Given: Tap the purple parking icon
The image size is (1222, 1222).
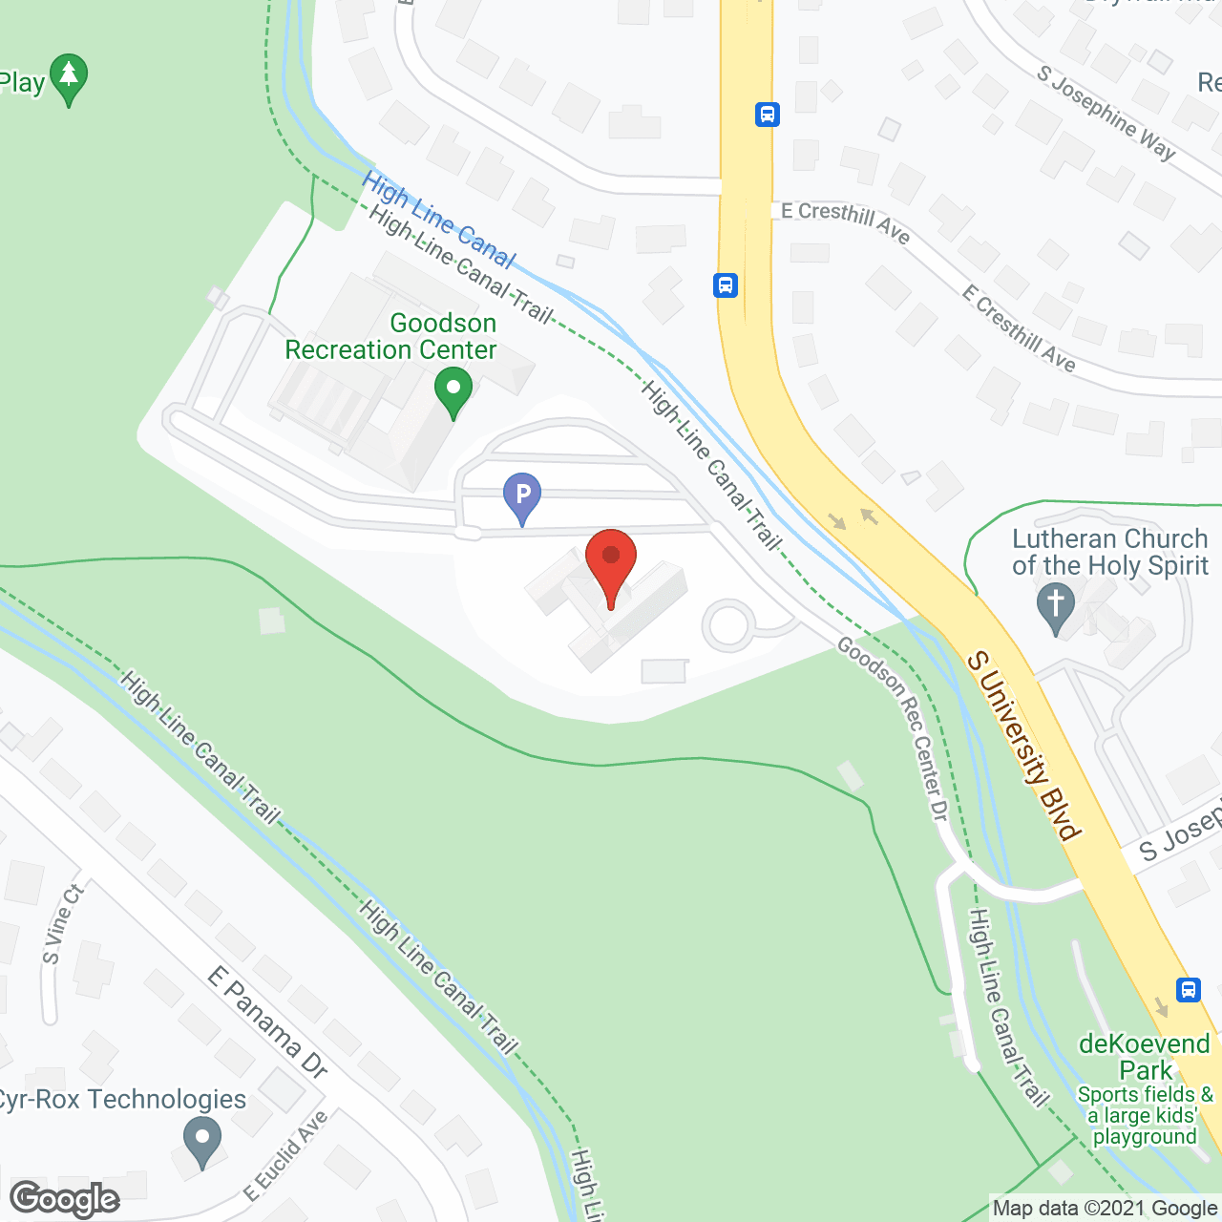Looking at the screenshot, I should tap(522, 496).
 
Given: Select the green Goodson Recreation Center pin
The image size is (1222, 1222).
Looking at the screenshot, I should tap(453, 391).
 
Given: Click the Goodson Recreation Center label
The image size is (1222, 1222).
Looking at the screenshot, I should tap(391, 337).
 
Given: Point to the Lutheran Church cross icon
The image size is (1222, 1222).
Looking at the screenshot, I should tap(1055, 608).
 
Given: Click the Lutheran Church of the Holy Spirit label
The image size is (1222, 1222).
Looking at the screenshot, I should tap(1109, 552).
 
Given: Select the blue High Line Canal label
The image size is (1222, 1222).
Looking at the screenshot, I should tap(438, 220).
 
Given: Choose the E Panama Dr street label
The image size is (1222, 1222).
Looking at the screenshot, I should tap(268, 1022).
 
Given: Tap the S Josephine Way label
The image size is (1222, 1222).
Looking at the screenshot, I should tap(1106, 112).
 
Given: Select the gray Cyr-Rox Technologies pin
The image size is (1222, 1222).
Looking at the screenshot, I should tap(201, 1140).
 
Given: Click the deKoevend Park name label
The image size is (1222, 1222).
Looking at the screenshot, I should tap(1145, 1056).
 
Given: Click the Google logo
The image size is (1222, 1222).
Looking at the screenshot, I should tap(65, 1199).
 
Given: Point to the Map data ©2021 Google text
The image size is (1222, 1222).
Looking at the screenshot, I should tap(1105, 1209).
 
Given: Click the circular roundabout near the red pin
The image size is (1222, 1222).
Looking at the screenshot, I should tap(728, 626).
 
